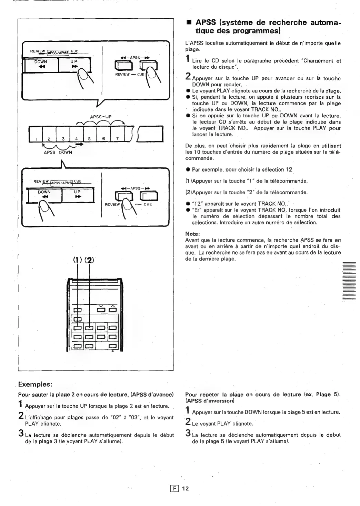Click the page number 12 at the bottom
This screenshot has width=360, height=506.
click(x=186, y=488)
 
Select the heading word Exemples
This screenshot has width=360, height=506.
click(x=35, y=384)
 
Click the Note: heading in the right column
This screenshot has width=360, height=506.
click(x=192, y=234)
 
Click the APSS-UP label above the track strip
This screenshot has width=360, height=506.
click(x=101, y=117)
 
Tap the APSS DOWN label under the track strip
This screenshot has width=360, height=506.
click(x=58, y=152)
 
